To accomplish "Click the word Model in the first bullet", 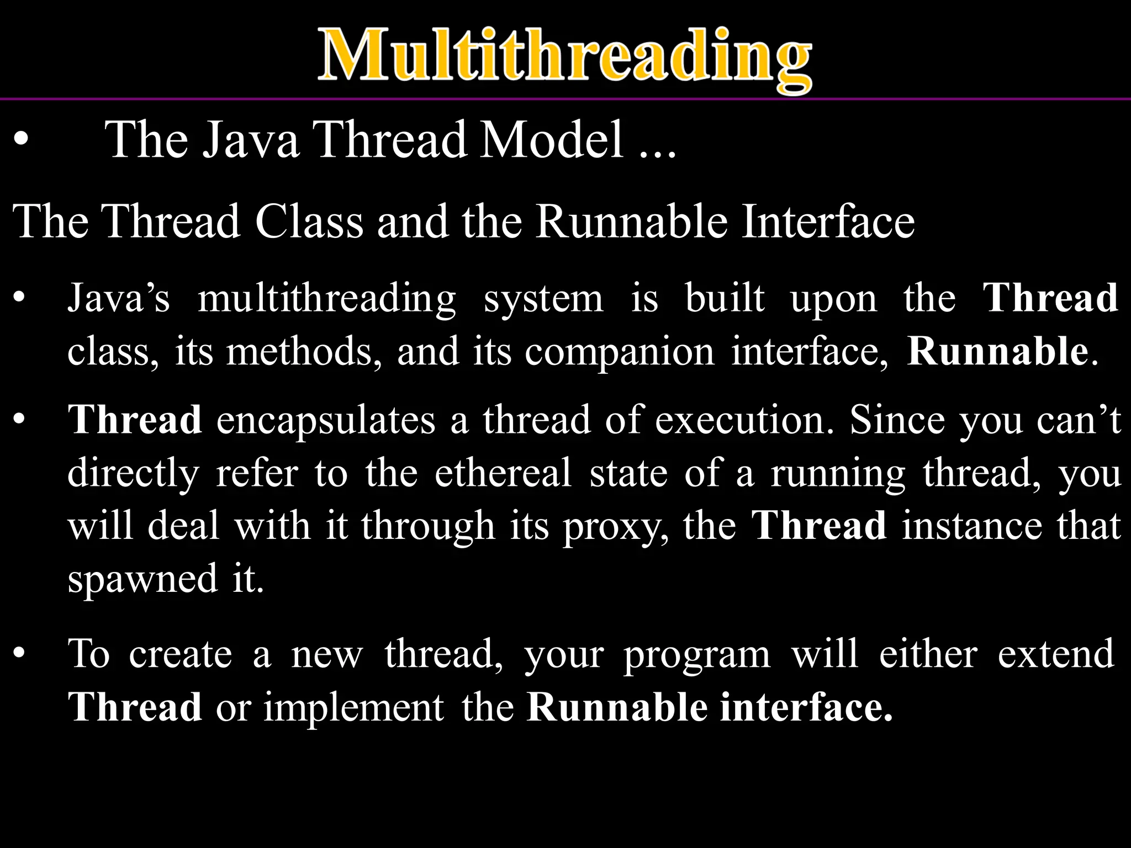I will (x=552, y=140).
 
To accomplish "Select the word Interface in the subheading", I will (x=828, y=221).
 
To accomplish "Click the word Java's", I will (x=118, y=298).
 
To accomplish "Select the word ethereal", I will (x=503, y=473).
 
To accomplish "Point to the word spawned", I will (x=142, y=580).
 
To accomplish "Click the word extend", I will (x=1055, y=654).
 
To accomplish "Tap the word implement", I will (x=353, y=708).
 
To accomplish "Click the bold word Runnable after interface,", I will (x=997, y=352).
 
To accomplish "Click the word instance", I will (x=972, y=526).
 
